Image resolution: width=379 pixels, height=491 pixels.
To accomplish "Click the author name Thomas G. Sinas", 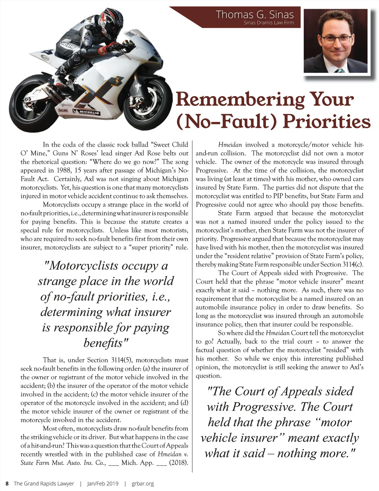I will coord(255,14).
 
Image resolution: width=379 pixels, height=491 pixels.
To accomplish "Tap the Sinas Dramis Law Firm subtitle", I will coord(268,23).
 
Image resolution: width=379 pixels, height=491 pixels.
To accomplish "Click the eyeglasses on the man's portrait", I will coord(337,40).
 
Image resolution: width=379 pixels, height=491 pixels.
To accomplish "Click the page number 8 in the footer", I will coord(7,483).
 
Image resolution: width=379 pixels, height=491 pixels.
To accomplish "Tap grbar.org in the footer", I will coord(143,483).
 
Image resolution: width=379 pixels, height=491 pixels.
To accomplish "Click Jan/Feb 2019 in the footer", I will coord(103,483).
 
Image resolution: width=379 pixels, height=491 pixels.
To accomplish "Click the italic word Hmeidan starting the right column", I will coord(230,145).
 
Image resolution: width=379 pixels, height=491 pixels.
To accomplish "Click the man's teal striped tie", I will coord(340,70).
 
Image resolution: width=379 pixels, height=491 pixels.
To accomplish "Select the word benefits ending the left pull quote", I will coord(105,343).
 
